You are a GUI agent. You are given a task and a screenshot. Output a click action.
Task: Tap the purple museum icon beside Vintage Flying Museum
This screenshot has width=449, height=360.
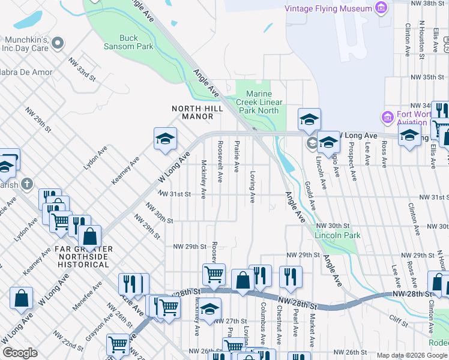pos(380,8)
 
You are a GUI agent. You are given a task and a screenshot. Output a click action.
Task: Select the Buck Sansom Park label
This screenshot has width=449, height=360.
pos(129,42)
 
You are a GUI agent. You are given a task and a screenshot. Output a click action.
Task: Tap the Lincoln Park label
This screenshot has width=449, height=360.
pos(338,235)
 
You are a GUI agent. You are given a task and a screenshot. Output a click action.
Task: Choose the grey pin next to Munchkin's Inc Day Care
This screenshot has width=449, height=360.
pos(58,43)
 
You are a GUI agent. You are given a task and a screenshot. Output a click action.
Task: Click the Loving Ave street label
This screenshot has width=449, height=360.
pos(252,187)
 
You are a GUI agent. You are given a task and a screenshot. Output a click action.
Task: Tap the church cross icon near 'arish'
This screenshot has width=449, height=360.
pos(26,184)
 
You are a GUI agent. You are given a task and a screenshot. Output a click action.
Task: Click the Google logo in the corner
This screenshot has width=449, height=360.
pos(20,353)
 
